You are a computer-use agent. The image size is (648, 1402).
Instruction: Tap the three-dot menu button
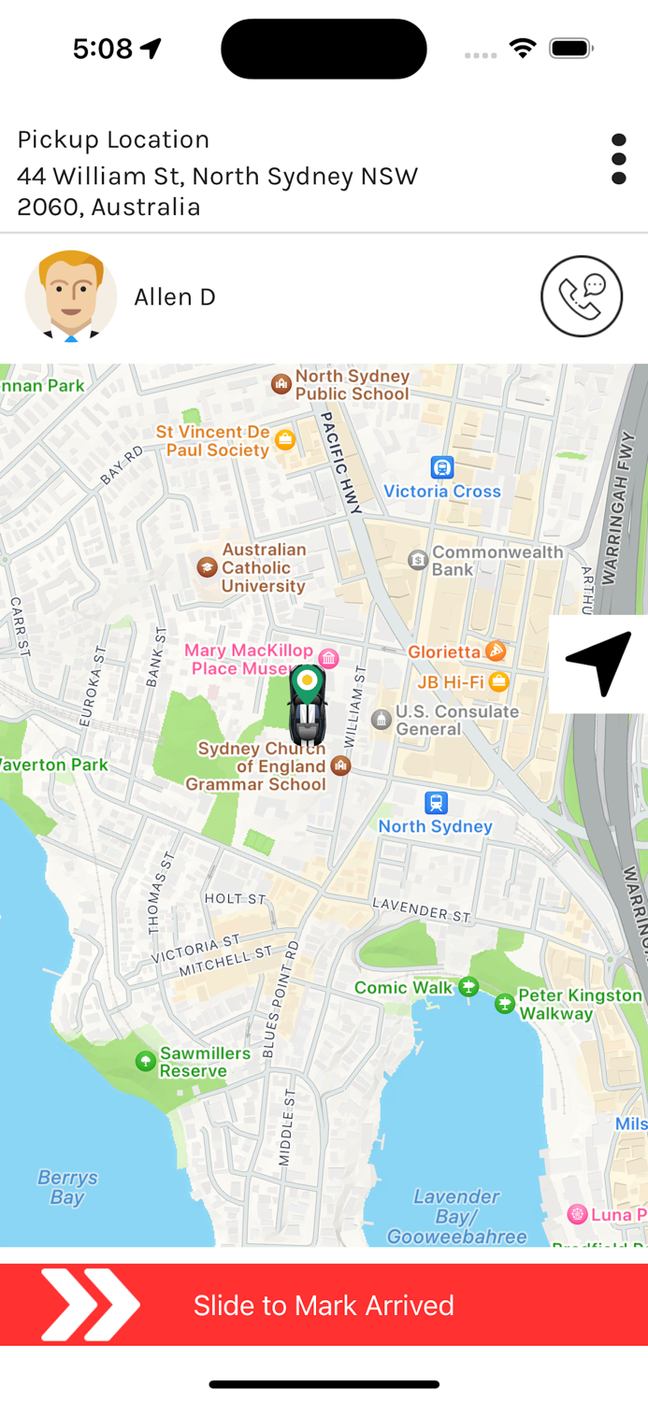click(x=618, y=159)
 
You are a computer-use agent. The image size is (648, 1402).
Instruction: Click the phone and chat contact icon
click(x=581, y=296)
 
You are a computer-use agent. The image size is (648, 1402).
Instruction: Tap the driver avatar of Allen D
click(x=71, y=296)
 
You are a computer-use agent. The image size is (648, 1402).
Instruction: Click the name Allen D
click(x=175, y=297)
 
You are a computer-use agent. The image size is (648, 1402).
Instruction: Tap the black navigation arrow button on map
click(x=598, y=663)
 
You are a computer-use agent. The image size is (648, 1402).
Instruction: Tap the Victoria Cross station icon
click(x=442, y=466)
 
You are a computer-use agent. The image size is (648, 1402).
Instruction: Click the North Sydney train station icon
click(x=436, y=803)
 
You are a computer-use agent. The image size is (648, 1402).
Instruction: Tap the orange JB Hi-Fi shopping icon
click(x=499, y=681)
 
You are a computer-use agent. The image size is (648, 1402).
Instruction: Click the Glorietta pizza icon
click(x=497, y=651)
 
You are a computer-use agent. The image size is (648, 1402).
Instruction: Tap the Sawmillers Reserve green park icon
click(x=146, y=1061)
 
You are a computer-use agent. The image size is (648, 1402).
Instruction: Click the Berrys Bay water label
click(x=67, y=1187)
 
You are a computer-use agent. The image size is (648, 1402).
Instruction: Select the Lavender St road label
click(x=421, y=908)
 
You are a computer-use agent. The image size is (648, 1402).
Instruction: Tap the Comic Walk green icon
click(x=468, y=987)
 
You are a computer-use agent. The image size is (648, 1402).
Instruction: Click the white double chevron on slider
click(x=90, y=1305)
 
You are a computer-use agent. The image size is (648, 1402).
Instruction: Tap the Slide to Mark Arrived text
click(x=324, y=1306)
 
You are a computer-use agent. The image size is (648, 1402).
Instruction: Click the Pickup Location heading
click(x=113, y=139)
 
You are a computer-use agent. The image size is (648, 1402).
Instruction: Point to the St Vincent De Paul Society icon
click(x=285, y=440)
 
